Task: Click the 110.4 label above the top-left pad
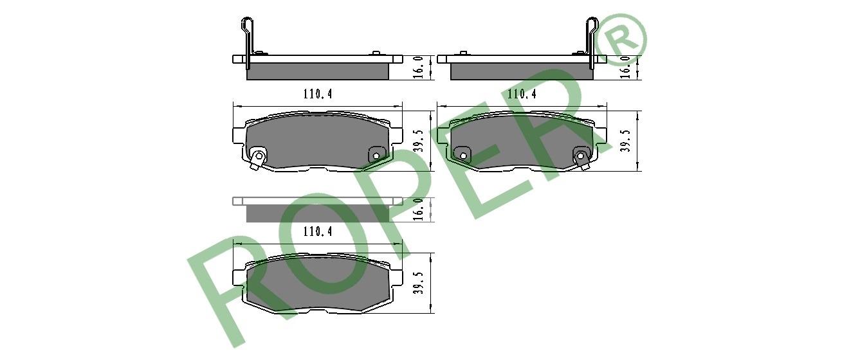(318, 94)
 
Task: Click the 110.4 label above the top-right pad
(522, 94)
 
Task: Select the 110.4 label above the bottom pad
(318, 231)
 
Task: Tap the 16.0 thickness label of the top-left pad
(419, 67)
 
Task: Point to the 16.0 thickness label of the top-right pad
(626, 67)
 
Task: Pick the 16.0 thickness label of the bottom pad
(419, 209)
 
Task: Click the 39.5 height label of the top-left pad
(419, 141)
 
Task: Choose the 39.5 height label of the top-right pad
(626, 141)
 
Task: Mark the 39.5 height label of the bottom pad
(419, 283)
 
